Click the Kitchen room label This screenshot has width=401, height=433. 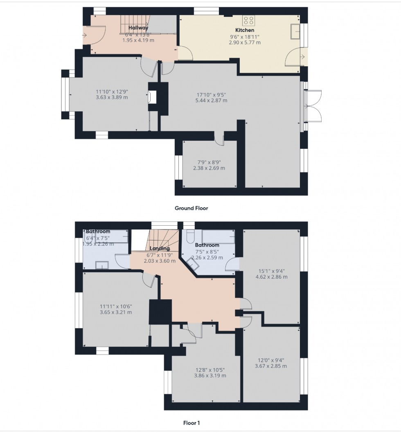pyautogui.click(x=245, y=30)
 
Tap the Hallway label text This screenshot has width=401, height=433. pyautogui.click(x=138, y=28)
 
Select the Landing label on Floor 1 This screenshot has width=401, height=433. pyautogui.click(x=160, y=249)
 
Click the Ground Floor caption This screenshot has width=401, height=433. pyautogui.click(x=191, y=208)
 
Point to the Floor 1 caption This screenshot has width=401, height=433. pyautogui.click(x=191, y=423)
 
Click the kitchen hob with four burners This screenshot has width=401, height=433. pyautogui.click(x=248, y=21)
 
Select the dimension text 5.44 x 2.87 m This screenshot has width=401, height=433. pyautogui.click(x=211, y=100)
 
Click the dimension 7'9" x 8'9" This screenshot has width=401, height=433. pyautogui.click(x=209, y=162)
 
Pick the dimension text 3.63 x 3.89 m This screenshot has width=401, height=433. pyautogui.click(x=112, y=97)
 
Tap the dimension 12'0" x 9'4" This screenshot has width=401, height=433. pyautogui.click(x=271, y=360)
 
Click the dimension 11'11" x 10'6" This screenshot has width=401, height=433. pyautogui.click(x=115, y=307)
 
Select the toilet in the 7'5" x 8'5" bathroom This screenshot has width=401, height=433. pyautogui.click(x=189, y=236)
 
